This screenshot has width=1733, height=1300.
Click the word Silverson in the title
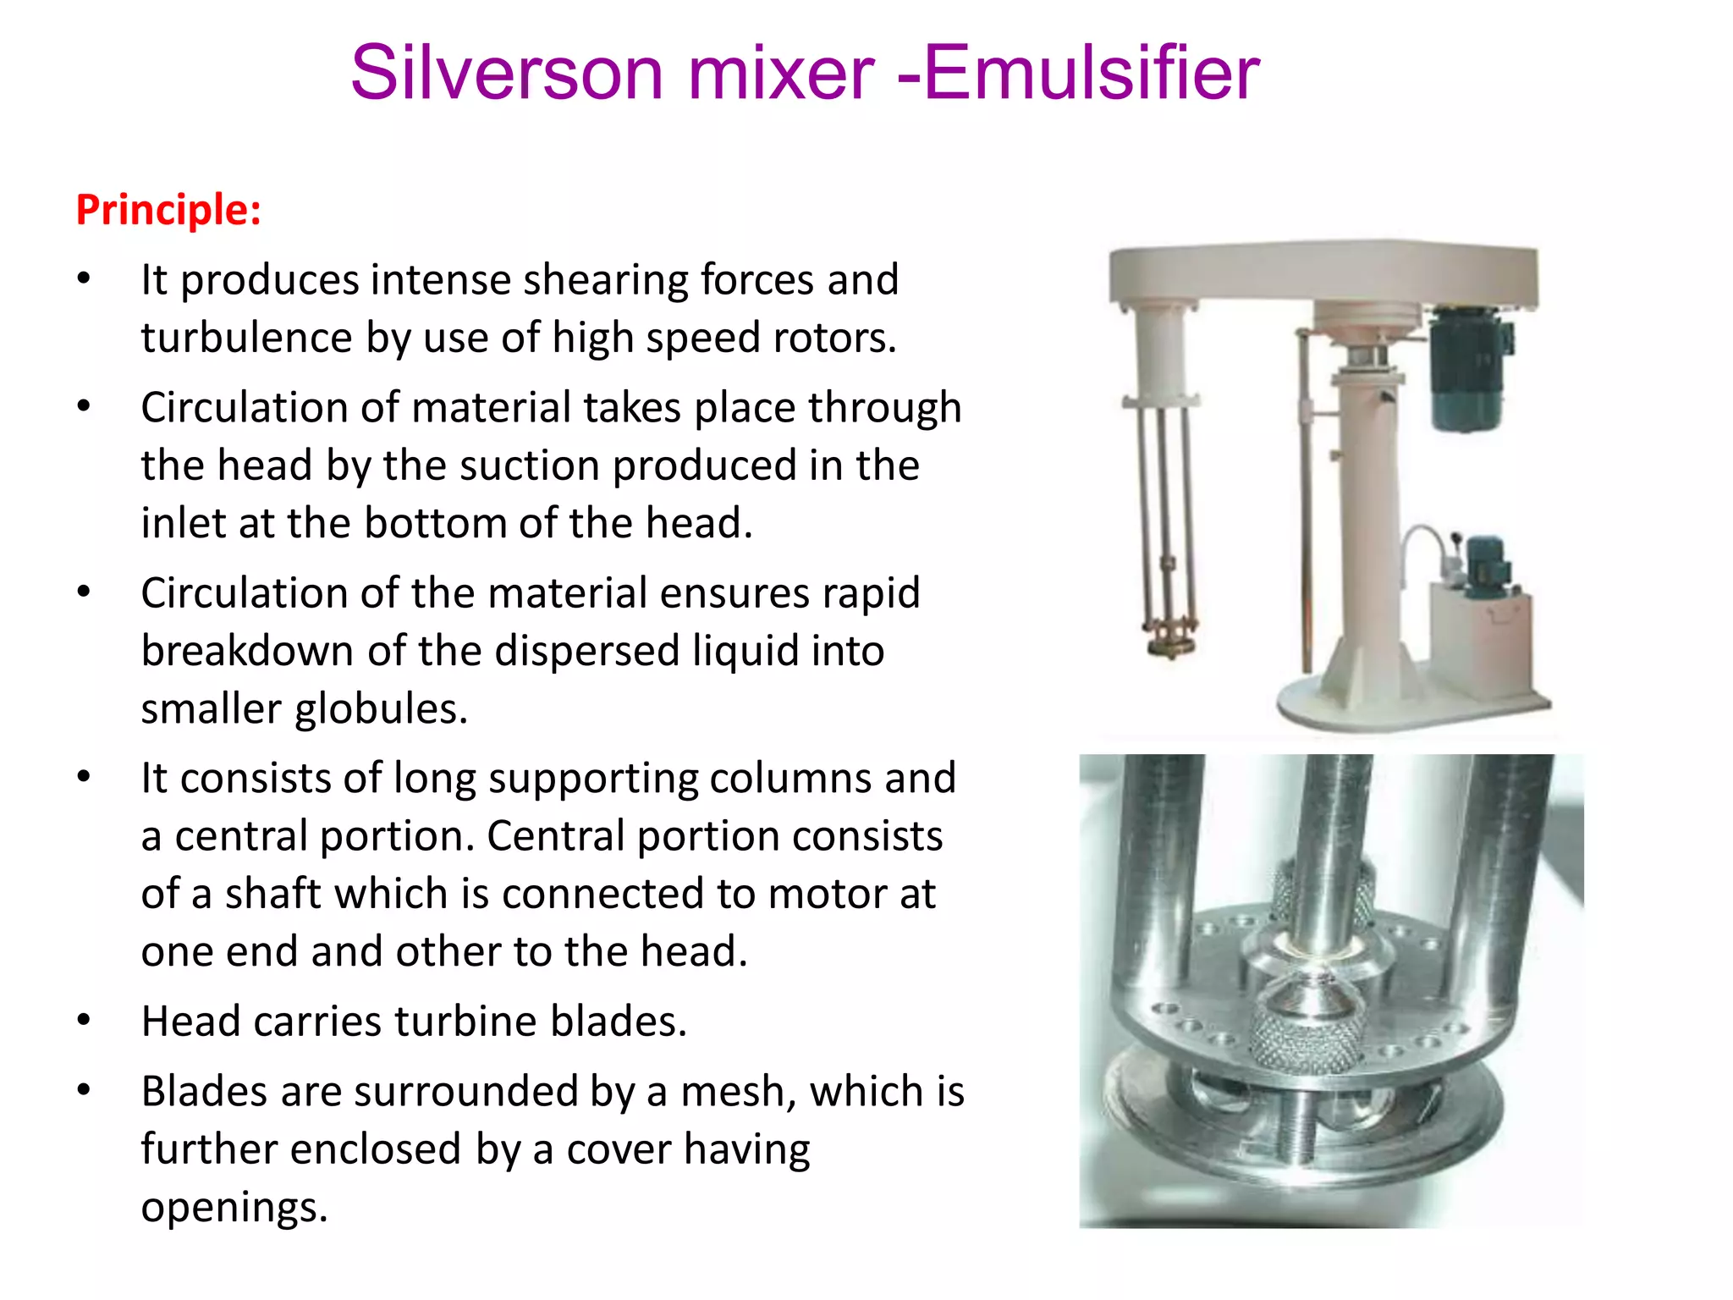click(506, 73)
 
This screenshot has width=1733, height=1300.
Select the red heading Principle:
click(168, 209)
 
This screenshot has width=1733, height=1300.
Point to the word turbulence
click(245, 338)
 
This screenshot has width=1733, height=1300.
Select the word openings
click(234, 1207)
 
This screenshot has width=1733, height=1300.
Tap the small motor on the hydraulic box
click(1483, 563)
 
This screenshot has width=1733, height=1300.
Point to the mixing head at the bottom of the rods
click(1171, 639)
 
